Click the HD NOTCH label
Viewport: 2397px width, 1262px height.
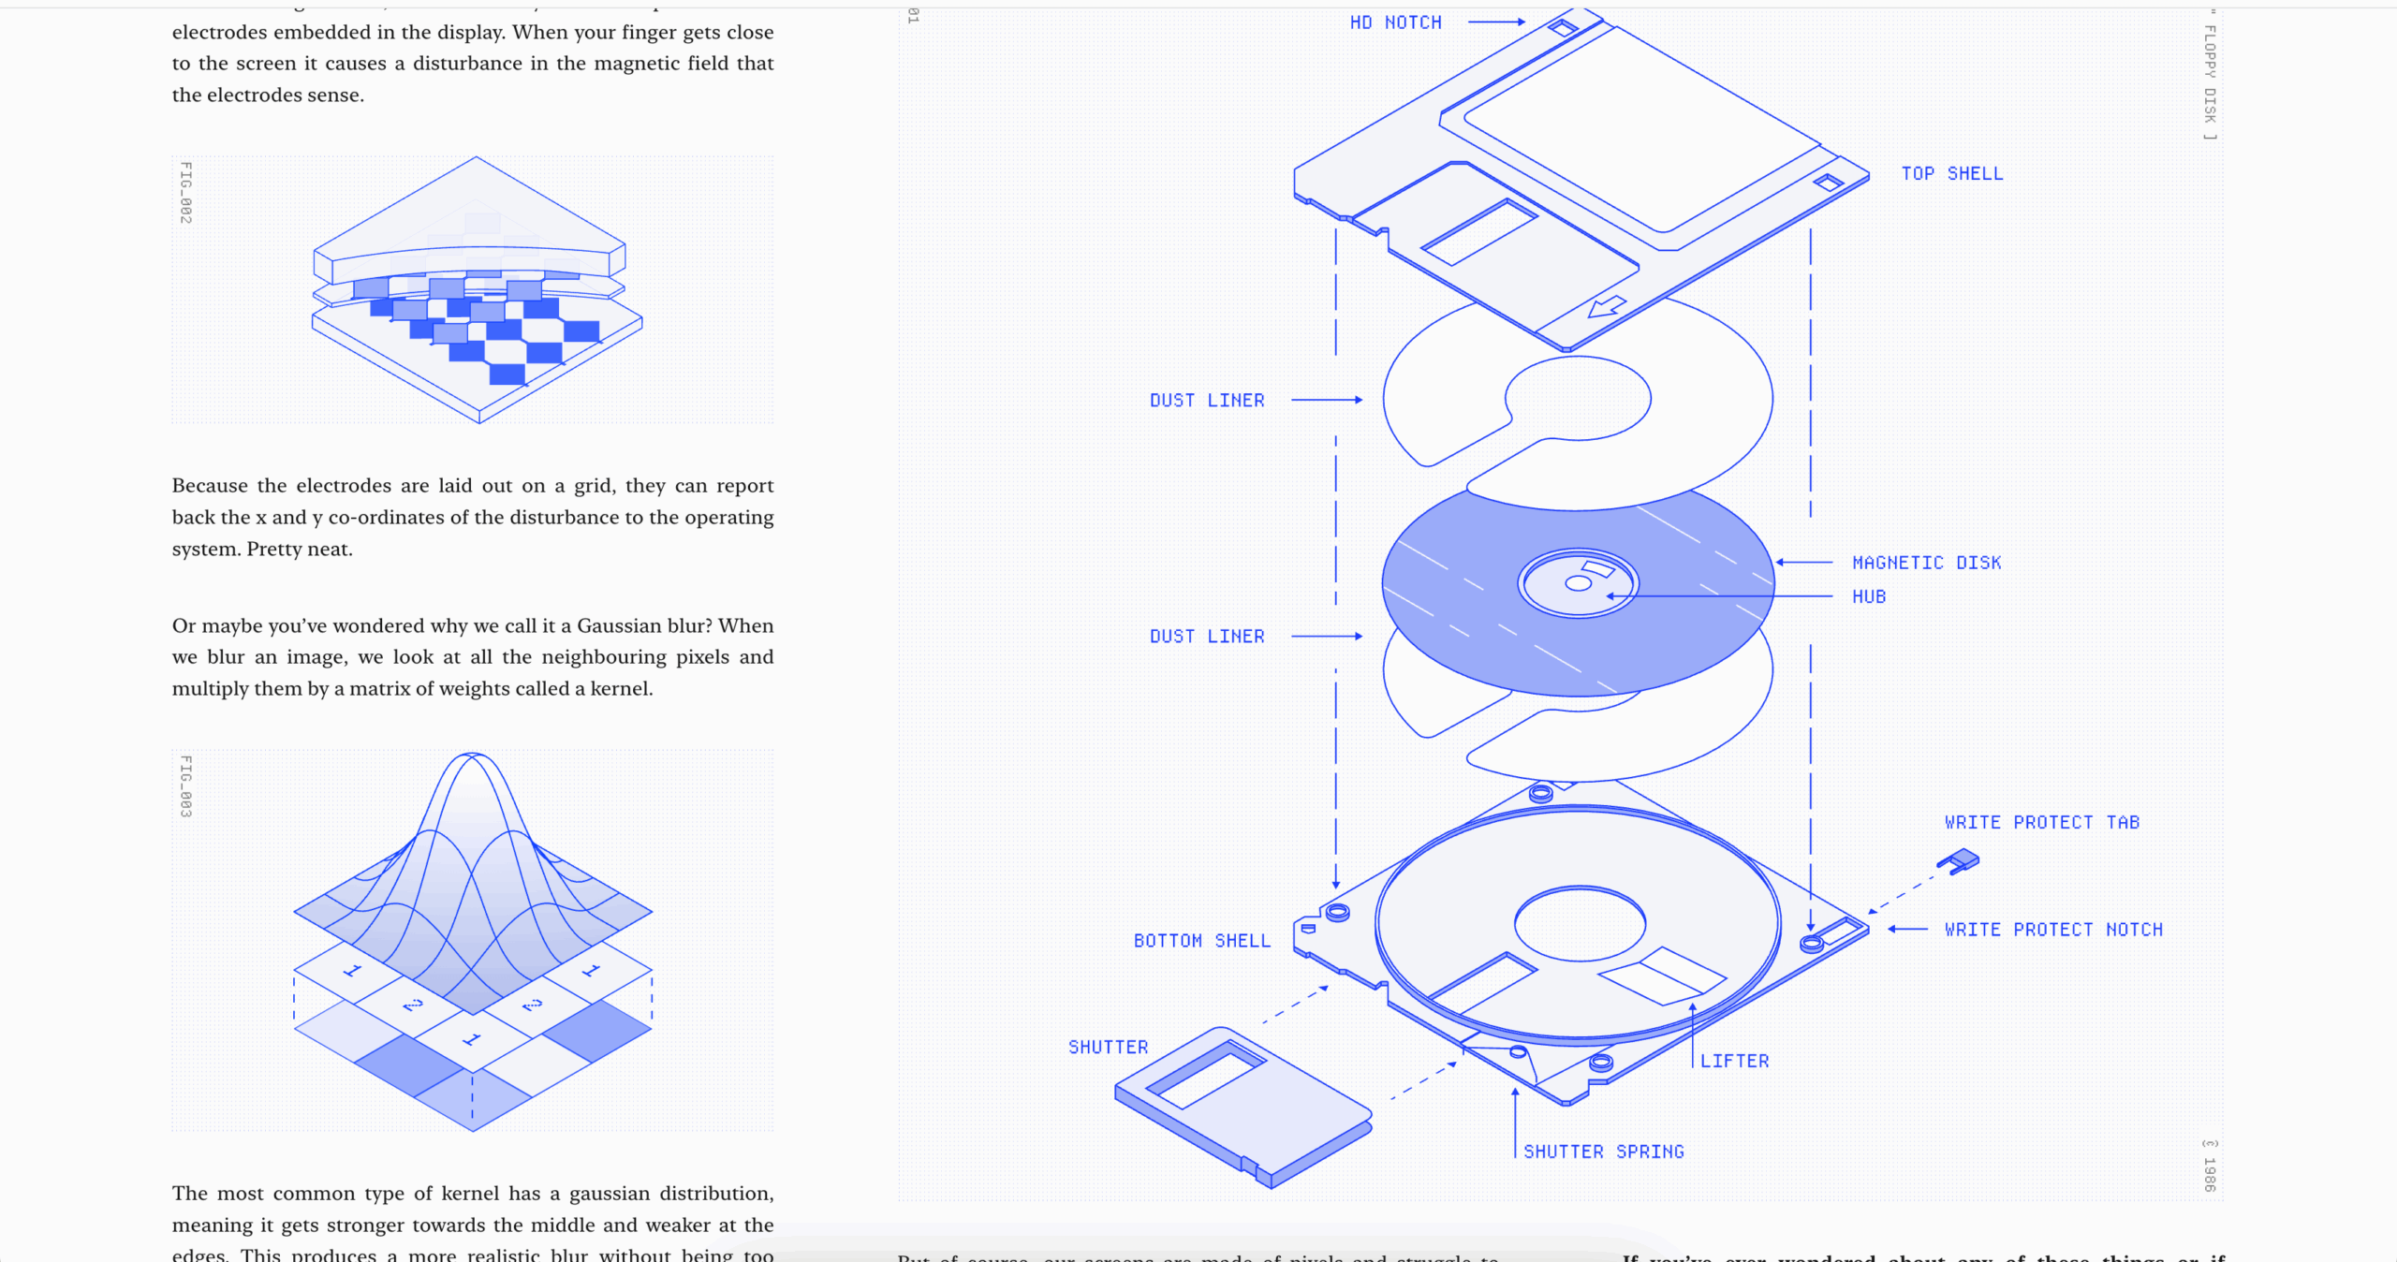[1395, 22]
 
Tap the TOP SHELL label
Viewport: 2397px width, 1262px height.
[1951, 174]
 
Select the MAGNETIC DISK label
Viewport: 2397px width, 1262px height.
[1926, 563]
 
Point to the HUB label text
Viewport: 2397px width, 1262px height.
[1868, 597]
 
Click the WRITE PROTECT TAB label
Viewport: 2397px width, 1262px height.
[2041, 823]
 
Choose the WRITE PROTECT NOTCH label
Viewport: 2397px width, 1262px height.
[2053, 930]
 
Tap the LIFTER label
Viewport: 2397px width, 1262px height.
[1734, 1062]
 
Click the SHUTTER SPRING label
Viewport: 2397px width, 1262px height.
[1603, 1152]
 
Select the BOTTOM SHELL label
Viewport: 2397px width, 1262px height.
[1201, 941]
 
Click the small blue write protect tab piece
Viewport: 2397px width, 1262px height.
[1959, 860]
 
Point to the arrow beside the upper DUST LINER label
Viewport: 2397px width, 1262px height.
[1327, 400]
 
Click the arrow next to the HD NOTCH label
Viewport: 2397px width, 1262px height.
[1496, 22]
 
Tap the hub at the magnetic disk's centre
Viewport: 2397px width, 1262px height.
[1578, 583]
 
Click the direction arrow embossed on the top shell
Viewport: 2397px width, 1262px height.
[1607, 306]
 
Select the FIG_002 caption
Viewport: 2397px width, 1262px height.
[186, 193]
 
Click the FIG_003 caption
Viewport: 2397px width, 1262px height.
[186, 786]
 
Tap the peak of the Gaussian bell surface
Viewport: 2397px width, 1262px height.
[473, 756]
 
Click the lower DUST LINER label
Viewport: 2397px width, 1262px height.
[1207, 637]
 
